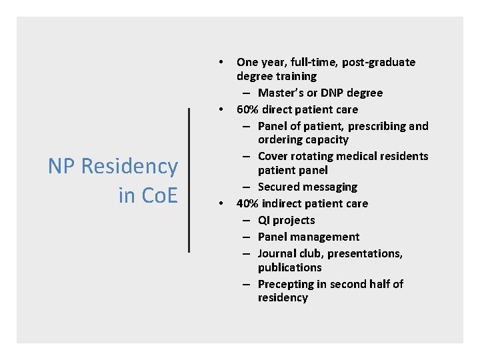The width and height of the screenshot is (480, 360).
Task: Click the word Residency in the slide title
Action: pyautogui.click(x=129, y=167)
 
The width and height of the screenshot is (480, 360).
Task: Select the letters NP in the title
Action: pyautogui.click(x=63, y=167)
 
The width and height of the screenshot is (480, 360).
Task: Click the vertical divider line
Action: pyautogui.click(x=189, y=180)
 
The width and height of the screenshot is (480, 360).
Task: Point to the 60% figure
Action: pyautogui.click(x=248, y=109)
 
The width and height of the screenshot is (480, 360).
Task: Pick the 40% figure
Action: pyautogui.click(x=248, y=203)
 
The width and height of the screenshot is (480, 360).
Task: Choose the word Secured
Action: pyautogui.click(x=279, y=187)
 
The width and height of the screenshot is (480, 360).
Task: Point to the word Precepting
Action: pyautogui.click(x=285, y=284)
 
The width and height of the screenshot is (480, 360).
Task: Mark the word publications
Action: pyautogui.click(x=289, y=267)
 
